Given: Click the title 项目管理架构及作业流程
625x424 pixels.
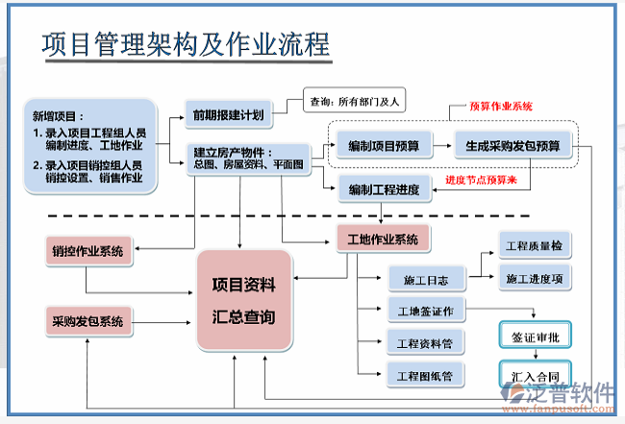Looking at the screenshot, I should click(x=187, y=45).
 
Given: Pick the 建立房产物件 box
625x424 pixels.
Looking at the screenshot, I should click(x=247, y=159).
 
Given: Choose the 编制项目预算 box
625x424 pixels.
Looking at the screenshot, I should click(x=383, y=146).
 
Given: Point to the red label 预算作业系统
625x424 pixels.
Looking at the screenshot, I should click(x=500, y=107).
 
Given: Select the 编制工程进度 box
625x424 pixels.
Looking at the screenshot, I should click(x=383, y=189).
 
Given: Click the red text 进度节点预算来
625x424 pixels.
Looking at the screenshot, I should click(x=487, y=180).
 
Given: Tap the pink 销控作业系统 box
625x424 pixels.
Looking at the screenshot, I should click(x=87, y=252).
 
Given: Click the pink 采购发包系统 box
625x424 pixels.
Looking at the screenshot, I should click(x=87, y=321).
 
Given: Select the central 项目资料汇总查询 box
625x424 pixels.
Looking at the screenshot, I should click(x=243, y=300).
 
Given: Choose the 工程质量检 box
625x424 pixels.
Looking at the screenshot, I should click(x=534, y=246).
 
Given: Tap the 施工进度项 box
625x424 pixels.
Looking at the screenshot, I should click(x=534, y=278).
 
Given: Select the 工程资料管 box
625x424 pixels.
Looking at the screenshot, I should click(x=426, y=342).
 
